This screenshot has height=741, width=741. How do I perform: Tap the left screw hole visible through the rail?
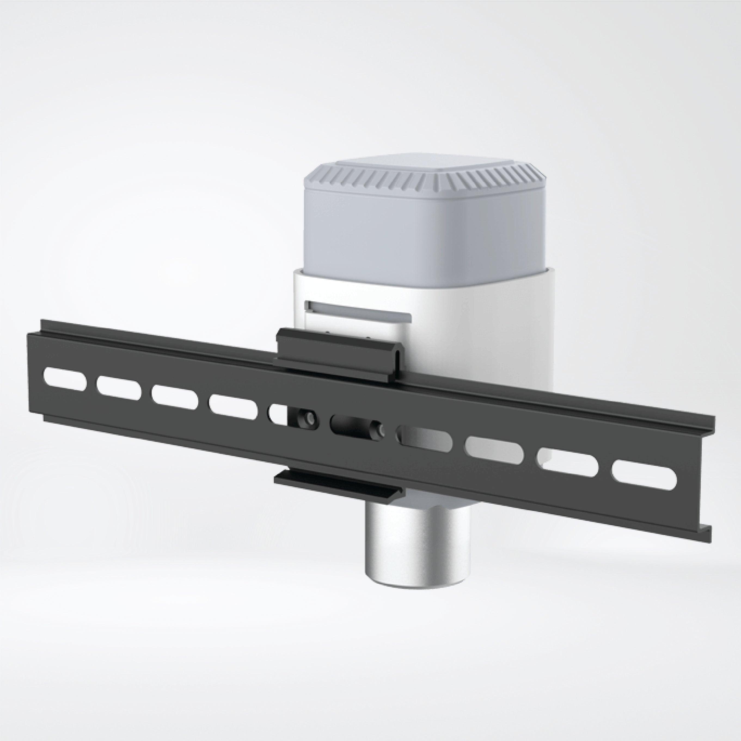307,418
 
